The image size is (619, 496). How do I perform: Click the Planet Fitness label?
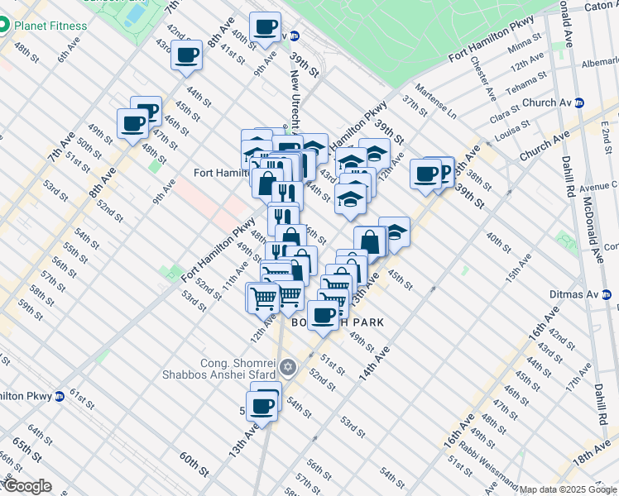[x=50, y=26]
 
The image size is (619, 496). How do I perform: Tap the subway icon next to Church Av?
[x=580, y=103]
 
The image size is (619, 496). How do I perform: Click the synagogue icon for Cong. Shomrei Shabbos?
[x=288, y=367]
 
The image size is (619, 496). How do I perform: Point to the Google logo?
[x=26, y=486]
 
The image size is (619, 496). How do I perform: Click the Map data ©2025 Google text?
[x=568, y=489]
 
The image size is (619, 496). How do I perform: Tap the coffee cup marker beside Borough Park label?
[x=323, y=314]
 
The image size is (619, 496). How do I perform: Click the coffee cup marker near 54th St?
[x=263, y=406]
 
